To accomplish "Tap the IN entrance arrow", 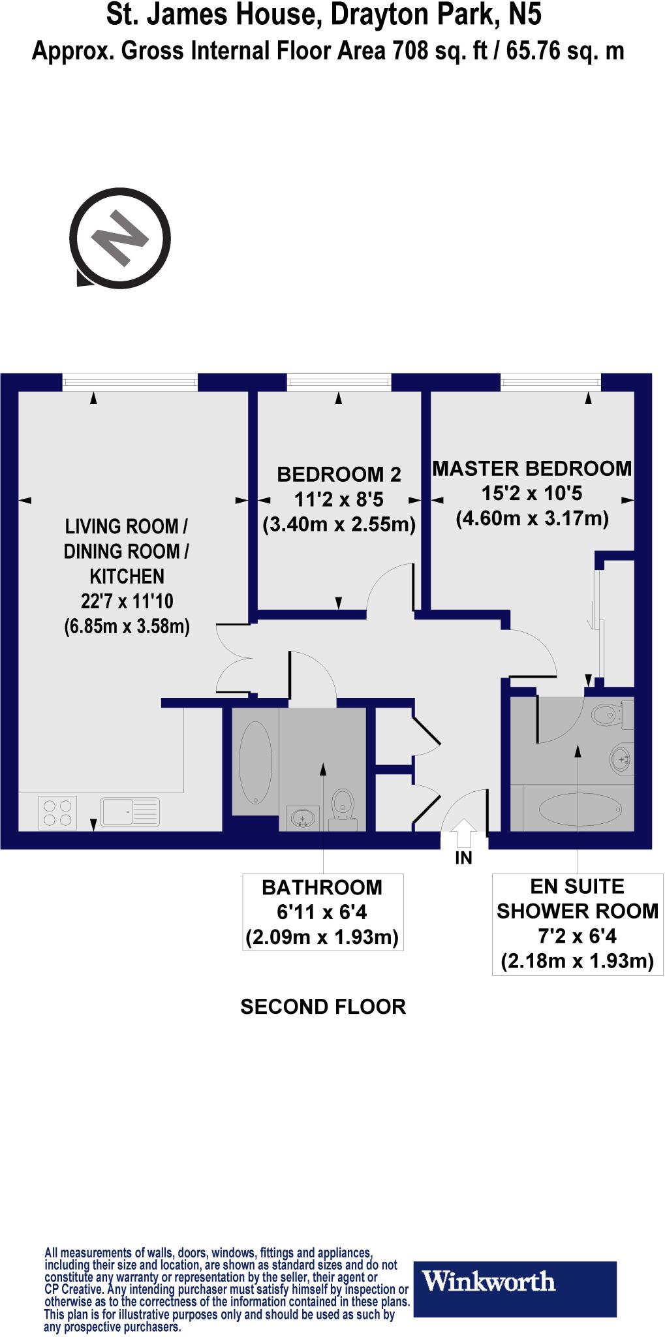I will [463, 834].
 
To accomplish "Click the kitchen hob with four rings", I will [57, 813].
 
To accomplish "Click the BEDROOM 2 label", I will [339, 475].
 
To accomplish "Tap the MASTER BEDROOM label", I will [532, 468].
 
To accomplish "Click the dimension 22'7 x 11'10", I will [127, 601].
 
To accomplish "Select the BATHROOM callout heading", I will [322, 888].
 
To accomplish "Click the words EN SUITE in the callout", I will [577, 887].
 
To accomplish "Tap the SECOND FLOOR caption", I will [323, 1007].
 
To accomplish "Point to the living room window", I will [130, 382].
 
